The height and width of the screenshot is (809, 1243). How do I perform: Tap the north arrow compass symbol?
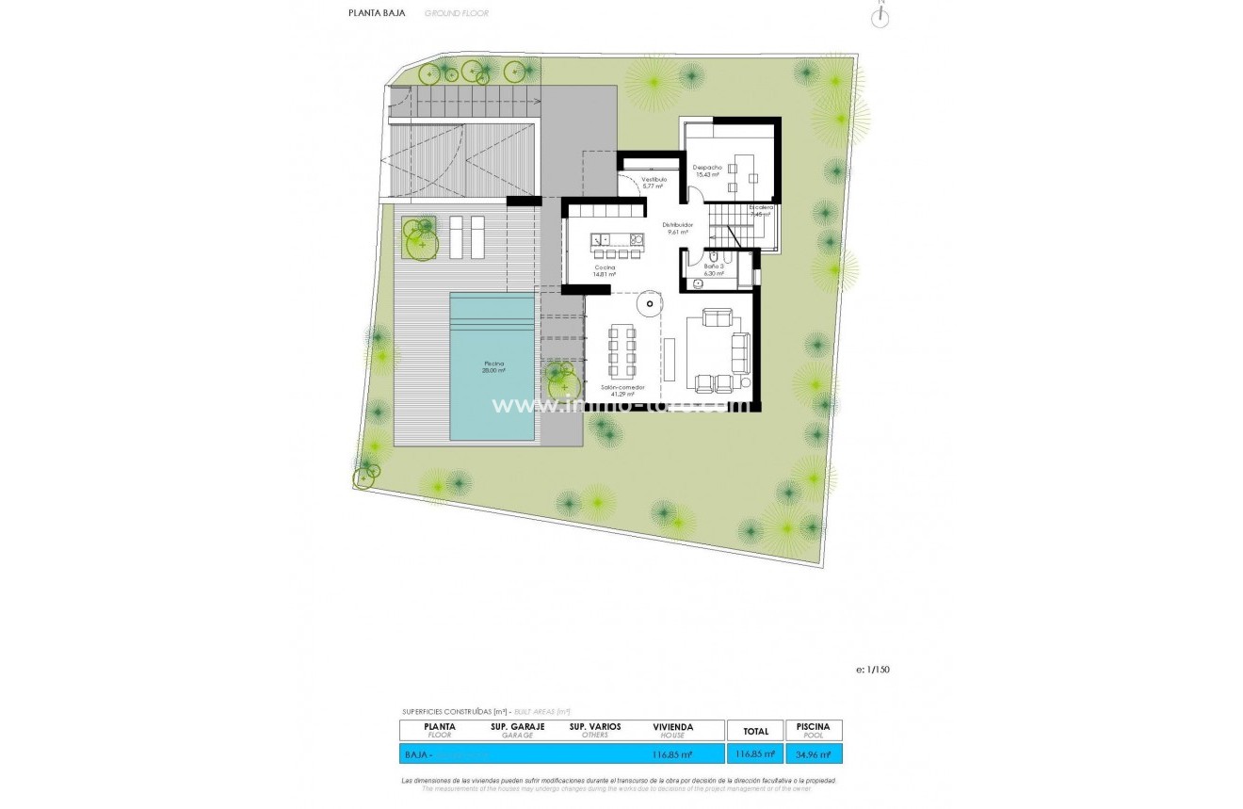(x=881, y=15)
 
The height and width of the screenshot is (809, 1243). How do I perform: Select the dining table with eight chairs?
(x=621, y=350)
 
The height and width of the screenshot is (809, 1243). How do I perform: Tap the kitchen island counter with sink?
(x=617, y=241)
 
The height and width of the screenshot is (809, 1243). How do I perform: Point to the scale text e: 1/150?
(x=873, y=670)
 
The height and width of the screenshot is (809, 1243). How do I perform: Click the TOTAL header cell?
(x=754, y=731)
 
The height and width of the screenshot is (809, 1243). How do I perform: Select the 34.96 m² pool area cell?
(x=813, y=753)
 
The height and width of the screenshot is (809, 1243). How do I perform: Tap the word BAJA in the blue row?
(x=415, y=754)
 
